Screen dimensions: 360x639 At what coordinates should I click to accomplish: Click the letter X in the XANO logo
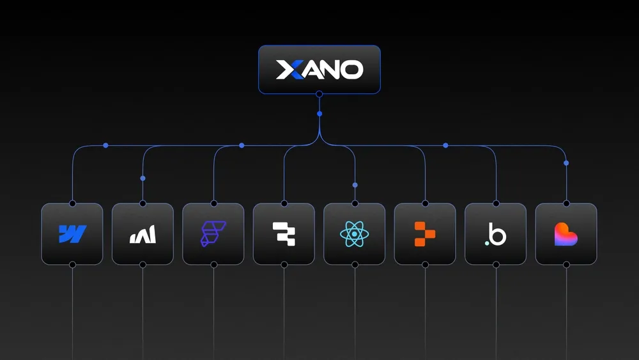coord(287,70)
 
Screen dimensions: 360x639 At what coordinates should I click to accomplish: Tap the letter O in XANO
coord(351,70)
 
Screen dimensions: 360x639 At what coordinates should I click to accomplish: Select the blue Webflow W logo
coord(72,234)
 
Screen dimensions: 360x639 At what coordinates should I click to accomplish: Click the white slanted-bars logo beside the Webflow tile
coord(142,235)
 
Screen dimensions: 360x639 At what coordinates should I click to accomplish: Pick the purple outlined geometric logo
coord(213,234)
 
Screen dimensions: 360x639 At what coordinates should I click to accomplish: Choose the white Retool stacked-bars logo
coord(284,234)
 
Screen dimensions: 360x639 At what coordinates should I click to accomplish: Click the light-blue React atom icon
coord(355,234)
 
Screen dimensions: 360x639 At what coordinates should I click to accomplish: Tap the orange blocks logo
coord(425,234)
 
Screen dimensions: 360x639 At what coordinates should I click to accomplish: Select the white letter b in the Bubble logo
coord(498,235)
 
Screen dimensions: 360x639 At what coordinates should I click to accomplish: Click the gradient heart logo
coord(566,234)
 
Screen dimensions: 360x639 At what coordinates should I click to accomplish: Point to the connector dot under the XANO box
coord(319,95)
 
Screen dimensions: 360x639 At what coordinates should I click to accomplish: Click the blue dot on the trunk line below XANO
coord(319,114)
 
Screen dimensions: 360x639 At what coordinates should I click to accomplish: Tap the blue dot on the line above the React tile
coord(355,185)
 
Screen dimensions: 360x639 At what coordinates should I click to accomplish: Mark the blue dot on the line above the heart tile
coord(566,163)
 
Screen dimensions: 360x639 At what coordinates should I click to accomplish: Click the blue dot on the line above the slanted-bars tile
coord(142,178)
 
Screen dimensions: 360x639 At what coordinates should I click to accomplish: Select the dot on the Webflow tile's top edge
coord(72,203)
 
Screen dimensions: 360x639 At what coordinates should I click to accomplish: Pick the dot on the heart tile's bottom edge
coord(566,265)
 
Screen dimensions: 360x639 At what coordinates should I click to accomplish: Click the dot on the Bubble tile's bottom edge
coord(496,265)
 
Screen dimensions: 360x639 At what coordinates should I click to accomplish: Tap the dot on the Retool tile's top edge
coord(284,203)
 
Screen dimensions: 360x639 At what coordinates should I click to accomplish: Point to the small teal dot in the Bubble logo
coord(487,243)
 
